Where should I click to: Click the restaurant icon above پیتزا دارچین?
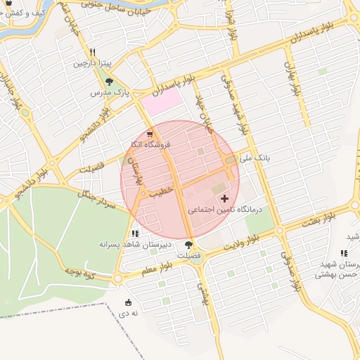point(93,53)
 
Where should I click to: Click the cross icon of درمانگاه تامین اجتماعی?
point(224,199)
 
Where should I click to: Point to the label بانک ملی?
point(255,159)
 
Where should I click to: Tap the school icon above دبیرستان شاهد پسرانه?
point(134,233)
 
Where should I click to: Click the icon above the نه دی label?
point(127,302)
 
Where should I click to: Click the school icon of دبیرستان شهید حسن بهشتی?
point(344,253)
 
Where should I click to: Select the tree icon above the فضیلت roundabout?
point(188,244)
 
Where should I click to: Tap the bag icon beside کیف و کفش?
point(7,3)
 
